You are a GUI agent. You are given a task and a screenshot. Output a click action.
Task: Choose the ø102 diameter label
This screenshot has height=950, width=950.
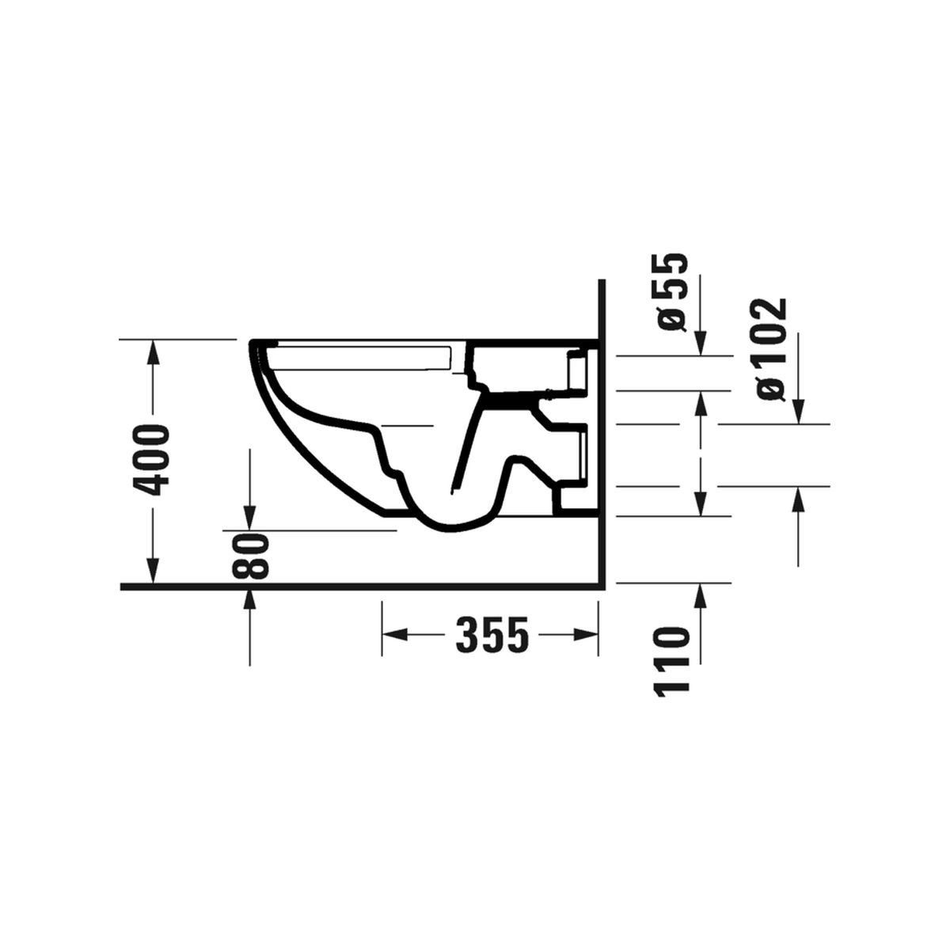coord(770,344)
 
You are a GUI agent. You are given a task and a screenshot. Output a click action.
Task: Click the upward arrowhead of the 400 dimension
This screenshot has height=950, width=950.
coord(154,350)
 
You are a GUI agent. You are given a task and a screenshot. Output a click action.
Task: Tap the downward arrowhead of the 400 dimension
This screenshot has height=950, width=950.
coord(154,572)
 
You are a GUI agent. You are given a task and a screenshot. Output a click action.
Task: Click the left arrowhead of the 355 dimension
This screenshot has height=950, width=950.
coord(394,635)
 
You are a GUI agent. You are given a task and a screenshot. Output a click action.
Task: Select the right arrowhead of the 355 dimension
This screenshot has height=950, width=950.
coord(586,635)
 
